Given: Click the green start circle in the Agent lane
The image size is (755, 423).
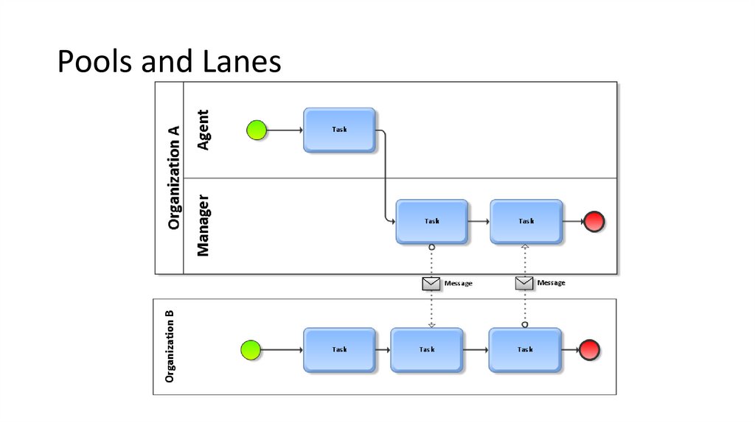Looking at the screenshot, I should [x=256, y=130].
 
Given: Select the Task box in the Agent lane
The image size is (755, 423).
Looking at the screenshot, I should [x=339, y=130].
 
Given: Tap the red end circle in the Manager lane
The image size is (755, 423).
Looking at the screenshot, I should [x=594, y=221].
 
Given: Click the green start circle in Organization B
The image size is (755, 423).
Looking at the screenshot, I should [x=251, y=350].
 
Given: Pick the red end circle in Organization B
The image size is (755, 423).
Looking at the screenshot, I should [x=590, y=350].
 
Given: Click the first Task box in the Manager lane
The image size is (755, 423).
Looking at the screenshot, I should [x=431, y=221].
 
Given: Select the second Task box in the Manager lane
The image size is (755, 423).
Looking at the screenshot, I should [x=526, y=221].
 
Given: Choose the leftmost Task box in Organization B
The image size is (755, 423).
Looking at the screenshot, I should [x=339, y=350].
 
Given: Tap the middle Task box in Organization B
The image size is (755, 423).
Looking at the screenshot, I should [x=426, y=350].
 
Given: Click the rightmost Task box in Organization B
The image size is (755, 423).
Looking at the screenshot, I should [x=524, y=350].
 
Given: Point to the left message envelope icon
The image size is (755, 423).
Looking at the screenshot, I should [x=431, y=283].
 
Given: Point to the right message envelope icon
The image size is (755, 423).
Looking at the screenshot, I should [x=524, y=283].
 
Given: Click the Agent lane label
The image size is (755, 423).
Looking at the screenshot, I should [x=203, y=130].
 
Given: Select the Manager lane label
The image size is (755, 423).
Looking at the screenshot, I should [x=203, y=226].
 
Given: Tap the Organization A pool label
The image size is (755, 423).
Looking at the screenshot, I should [x=174, y=177].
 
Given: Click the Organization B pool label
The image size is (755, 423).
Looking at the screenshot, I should [x=170, y=346].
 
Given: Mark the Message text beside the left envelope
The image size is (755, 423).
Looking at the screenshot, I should [x=459, y=283].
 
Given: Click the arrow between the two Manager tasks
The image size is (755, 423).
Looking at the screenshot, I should [x=479, y=221].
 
